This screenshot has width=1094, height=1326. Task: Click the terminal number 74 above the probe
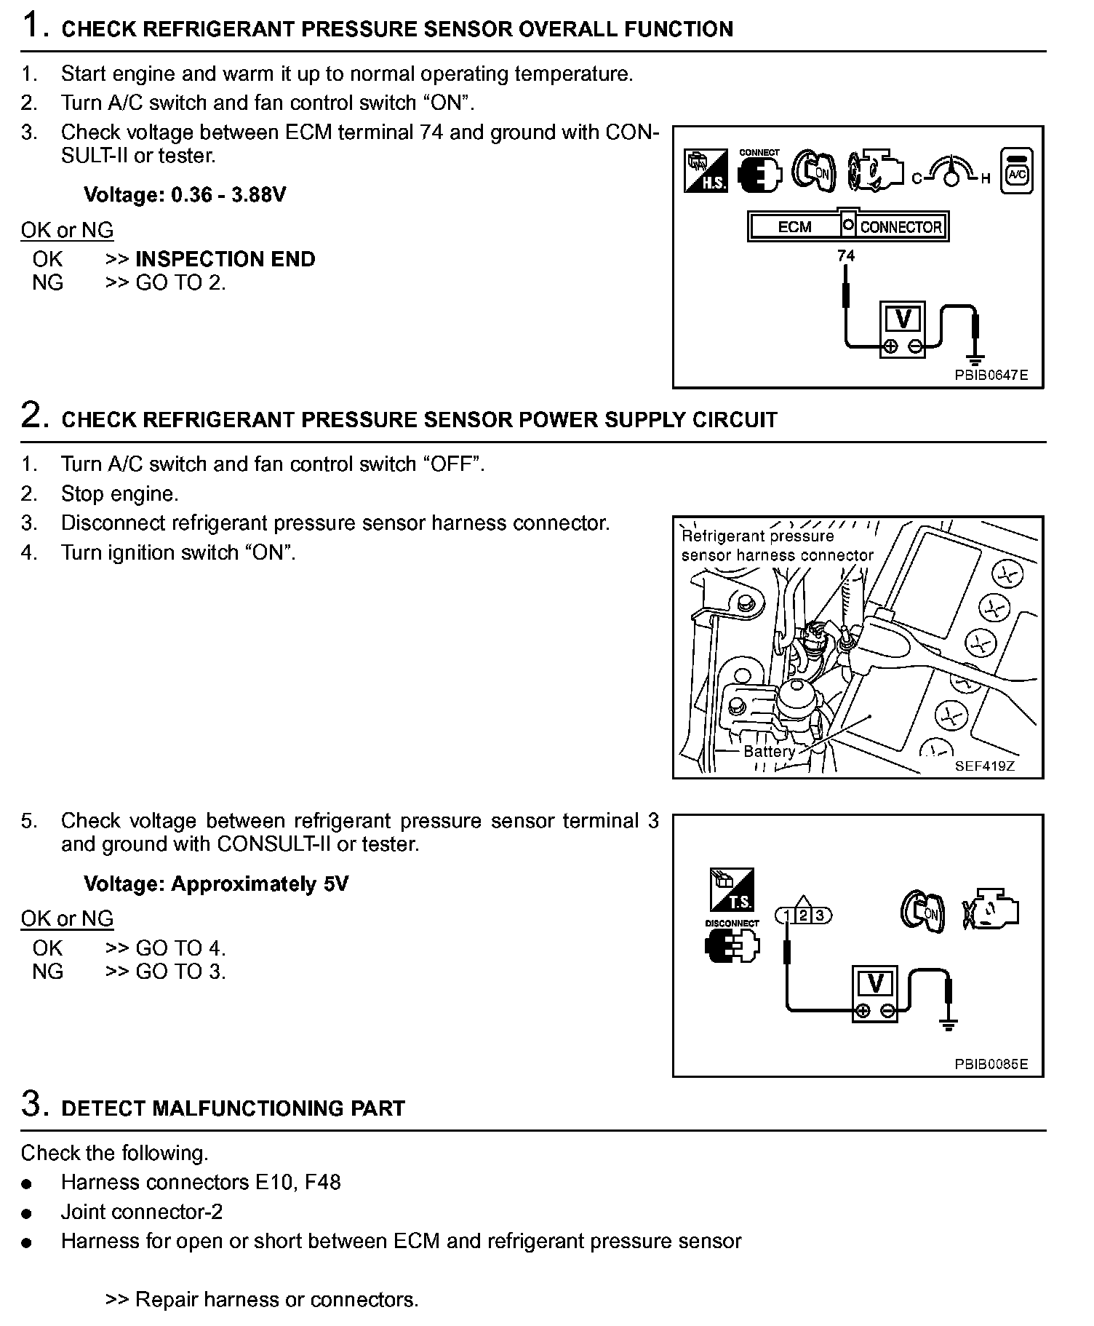coord(846,255)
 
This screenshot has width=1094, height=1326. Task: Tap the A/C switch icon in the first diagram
coord(1016,172)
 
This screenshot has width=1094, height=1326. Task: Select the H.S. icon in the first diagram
coord(705,171)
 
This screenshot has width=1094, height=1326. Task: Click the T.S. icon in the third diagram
coord(732,889)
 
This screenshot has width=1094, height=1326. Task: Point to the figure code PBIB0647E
coord(991,376)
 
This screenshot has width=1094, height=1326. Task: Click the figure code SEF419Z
coord(985,766)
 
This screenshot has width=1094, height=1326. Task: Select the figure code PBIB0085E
coord(991,1064)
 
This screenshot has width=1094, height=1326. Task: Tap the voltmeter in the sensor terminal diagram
coord(875,993)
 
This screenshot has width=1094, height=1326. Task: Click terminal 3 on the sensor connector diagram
coord(820,916)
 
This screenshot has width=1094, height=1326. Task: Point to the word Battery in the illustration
coord(769,751)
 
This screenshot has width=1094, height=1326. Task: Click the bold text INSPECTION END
coord(225,259)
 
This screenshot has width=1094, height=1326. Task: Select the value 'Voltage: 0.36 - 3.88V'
coord(185,194)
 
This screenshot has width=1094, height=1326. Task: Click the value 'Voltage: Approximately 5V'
coord(216,884)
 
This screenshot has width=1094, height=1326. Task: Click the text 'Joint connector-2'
coord(142,1212)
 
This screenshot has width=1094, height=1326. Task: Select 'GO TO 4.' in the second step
coord(180,948)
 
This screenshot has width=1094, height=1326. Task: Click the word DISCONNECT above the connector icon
coord(732,924)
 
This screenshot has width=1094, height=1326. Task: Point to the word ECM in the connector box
coord(794,226)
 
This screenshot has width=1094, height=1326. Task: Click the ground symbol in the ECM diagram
coord(975,359)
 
